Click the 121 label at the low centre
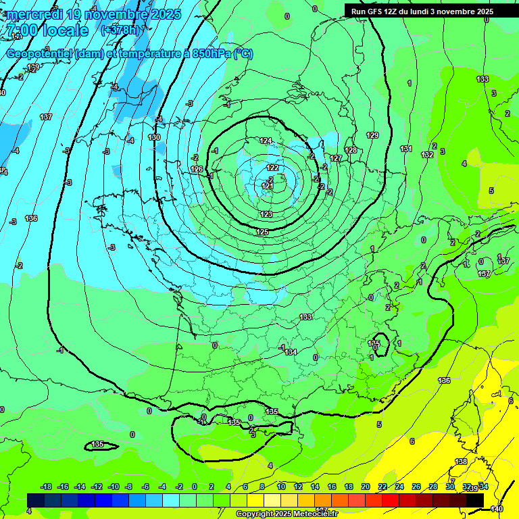click(x=268, y=186)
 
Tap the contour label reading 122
click(x=272, y=168)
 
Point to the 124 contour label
click(x=266, y=141)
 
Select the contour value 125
click(x=262, y=232)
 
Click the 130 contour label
click(x=154, y=137)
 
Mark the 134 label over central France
click(x=291, y=352)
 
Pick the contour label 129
click(x=372, y=135)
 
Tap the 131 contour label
click(x=405, y=149)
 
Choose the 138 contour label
click(x=461, y=462)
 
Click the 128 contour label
click(x=351, y=150)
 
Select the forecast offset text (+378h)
click(x=120, y=30)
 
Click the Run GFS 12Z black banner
click(x=422, y=11)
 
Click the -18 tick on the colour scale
click(x=46, y=487)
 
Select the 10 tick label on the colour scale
click(x=281, y=487)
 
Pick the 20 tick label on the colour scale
click(x=366, y=487)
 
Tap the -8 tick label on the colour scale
click(x=128, y=487)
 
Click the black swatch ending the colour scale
click(x=474, y=499)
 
